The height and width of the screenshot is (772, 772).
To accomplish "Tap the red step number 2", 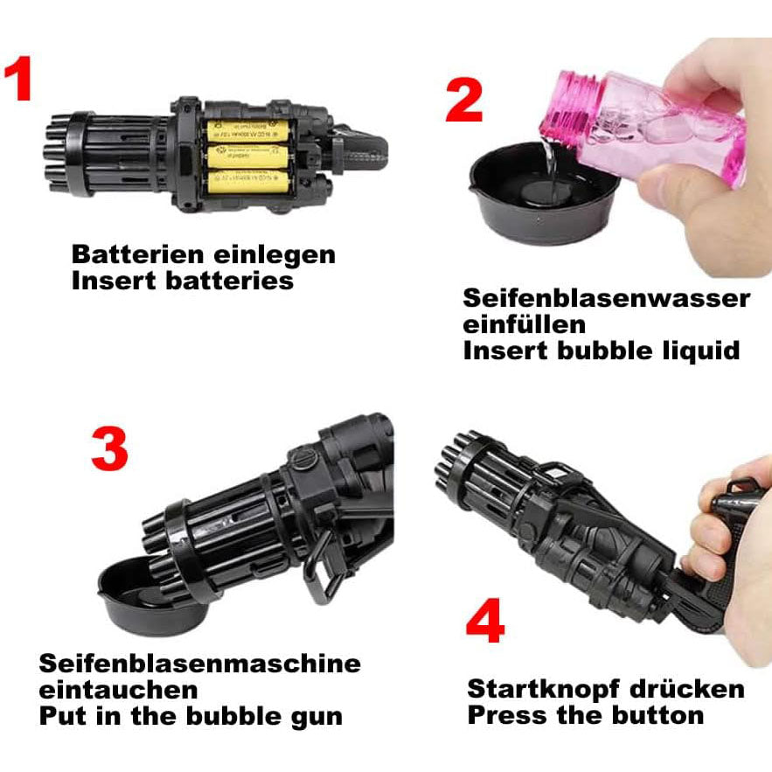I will tap(463, 102).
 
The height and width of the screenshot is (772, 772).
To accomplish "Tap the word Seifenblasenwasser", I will tap(606, 298).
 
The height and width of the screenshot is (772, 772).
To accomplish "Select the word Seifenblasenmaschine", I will tap(199, 663).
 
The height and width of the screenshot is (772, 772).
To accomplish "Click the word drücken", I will tap(697, 688).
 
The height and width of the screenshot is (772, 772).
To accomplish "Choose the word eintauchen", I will tap(118, 690).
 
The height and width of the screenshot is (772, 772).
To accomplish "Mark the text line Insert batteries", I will tap(182, 281).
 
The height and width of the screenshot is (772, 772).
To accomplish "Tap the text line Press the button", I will tap(585, 714).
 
